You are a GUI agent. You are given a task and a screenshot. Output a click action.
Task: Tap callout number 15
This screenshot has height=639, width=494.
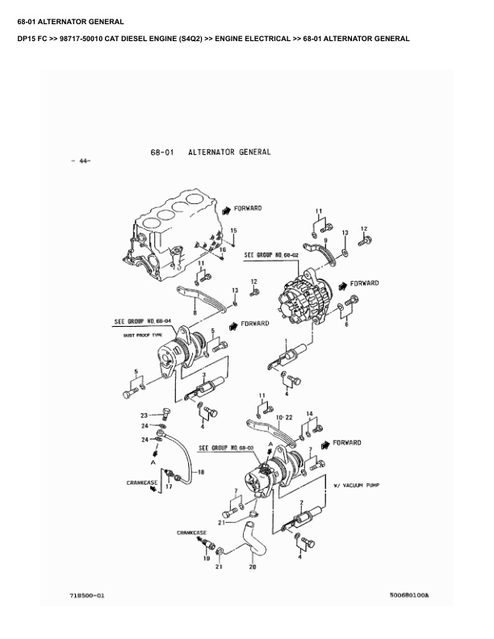coord(233,232)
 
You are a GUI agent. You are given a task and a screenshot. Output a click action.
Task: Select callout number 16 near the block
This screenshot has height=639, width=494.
coord(224,250)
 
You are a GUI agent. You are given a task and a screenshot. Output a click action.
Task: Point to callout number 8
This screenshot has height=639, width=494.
coord(195,311)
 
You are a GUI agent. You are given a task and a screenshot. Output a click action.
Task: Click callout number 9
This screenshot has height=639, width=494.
coord(325,240)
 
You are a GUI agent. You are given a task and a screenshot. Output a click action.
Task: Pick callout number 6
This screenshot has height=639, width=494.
coord(347,325)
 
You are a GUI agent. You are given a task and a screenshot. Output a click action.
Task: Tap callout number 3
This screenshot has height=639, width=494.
coord(206,376)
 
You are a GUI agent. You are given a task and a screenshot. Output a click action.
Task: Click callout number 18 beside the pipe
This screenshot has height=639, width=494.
coord(202,472)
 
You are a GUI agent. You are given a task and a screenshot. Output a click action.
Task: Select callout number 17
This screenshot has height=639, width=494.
coord(170,488)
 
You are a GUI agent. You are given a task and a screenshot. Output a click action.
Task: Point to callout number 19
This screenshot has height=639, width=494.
coord(206,558)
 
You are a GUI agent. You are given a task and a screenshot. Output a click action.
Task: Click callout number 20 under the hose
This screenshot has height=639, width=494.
coord(252,568)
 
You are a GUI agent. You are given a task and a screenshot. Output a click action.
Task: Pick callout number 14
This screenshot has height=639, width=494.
coord(309,415)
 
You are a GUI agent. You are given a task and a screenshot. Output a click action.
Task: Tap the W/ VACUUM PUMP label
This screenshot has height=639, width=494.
coord(356,486)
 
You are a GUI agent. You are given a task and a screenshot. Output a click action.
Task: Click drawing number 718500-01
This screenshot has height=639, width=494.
coord(87,595)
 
